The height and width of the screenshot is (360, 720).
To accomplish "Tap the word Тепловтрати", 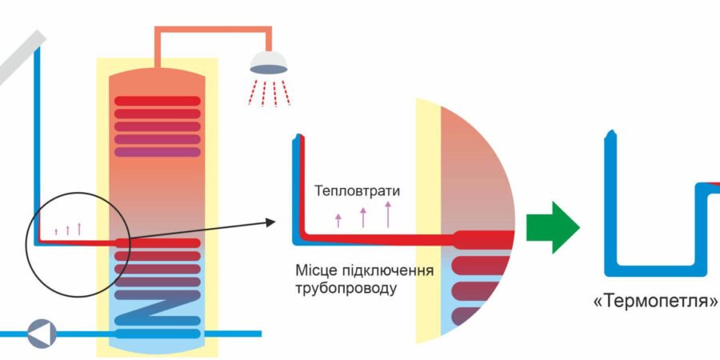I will click(x=357, y=192).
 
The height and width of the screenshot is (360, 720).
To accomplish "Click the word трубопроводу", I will click(x=345, y=288).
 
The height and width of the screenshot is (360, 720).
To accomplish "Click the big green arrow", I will click(x=552, y=227).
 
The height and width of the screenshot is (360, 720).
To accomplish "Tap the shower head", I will click(x=269, y=63).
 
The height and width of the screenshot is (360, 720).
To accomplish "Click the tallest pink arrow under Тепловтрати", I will click(x=388, y=214).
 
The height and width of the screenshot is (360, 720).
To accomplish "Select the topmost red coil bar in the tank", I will click(x=157, y=102).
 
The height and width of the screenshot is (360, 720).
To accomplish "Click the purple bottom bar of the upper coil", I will click(x=157, y=152).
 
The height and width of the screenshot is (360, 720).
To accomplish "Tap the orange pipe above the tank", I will click(x=212, y=31).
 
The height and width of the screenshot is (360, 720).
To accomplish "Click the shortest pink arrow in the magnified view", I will click(x=338, y=221).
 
